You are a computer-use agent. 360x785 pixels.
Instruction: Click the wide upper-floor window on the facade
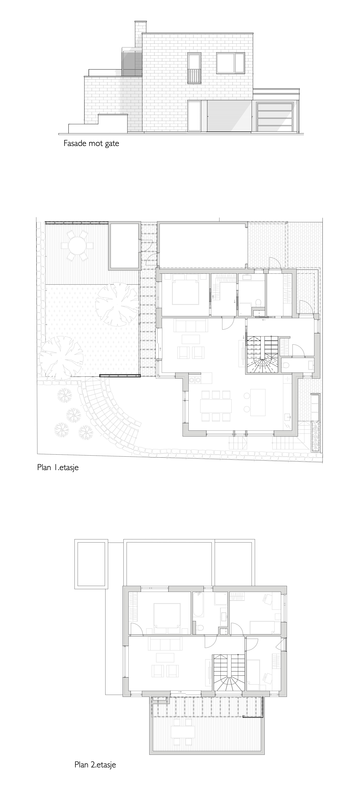[231, 63]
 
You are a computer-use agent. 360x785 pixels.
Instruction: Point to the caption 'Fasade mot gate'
[91, 143]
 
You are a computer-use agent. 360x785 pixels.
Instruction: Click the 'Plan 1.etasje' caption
[58, 467]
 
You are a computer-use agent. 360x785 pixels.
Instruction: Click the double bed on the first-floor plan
[185, 289]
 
